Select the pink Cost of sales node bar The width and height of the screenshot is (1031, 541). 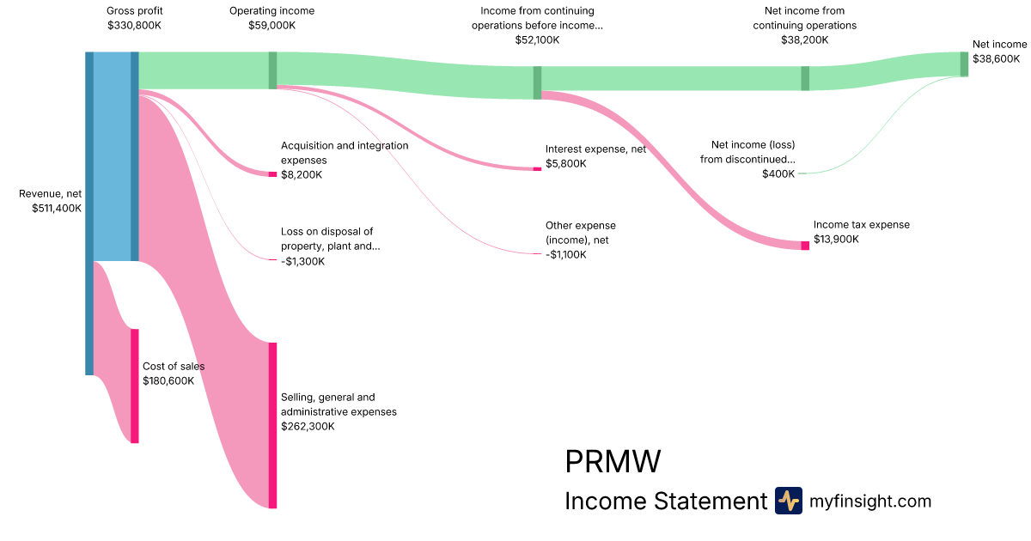click(134, 386)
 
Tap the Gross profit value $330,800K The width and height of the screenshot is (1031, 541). click(135, 26)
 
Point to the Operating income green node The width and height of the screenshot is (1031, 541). click(272, 70)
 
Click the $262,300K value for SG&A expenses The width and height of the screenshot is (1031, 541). click(308, 426)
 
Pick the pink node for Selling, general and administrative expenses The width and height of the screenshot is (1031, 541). click(272, 425)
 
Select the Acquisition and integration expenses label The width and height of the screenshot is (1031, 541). click(345, 153)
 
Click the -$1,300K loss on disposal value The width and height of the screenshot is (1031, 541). click(302, 261)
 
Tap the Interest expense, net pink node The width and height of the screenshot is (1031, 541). click(537, 169)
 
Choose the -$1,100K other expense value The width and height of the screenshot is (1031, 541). click(566, 255)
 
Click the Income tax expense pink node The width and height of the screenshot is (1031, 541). click(805, 246)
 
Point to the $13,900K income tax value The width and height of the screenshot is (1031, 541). click(836, 240)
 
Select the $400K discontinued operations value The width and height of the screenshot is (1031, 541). click(778, 174)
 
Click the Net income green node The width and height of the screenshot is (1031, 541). click(964, 64)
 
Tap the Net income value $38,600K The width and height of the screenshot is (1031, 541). click(996, 58)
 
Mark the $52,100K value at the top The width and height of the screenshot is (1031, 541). click(537, 40)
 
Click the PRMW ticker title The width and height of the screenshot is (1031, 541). click(613, 462)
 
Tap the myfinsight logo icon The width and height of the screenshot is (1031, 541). click(788, 501)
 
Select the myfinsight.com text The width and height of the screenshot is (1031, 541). click(870, 501)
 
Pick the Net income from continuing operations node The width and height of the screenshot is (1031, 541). click(805, 78)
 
